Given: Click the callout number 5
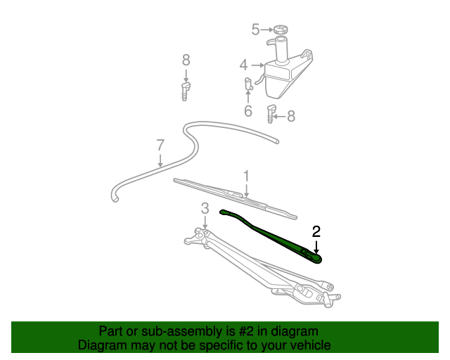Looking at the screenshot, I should point(256,30).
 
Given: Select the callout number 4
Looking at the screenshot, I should point(243,65).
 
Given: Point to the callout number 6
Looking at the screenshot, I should point(248,111).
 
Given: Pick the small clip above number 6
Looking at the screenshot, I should point(248,84).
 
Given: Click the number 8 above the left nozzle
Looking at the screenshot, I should point(186,60).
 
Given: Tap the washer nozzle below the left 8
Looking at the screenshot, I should point(186,90).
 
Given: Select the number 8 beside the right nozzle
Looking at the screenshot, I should point(291,116).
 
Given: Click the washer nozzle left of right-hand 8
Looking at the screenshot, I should point(271,113).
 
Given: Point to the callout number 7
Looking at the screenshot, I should point(160,146).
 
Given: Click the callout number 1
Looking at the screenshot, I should point(247,175).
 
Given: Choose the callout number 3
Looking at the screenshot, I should point(205,208).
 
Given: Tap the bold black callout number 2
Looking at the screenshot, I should point(316,231).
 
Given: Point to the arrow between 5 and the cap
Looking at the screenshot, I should point(267,30).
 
